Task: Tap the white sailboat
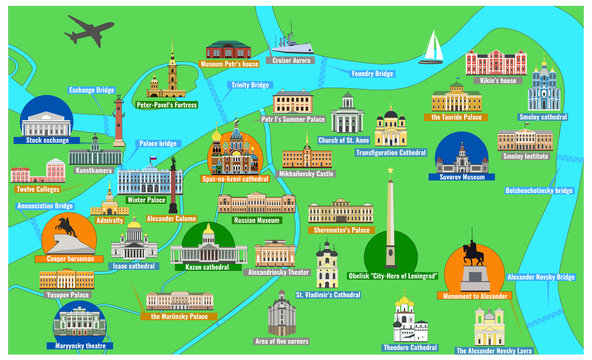pyautogui.click(x=434, y=46)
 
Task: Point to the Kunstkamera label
pyautogui.click(x=93, y=171)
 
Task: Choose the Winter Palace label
pyautogui.click(x=146, y=199)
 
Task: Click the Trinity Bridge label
pyautogui.click(x=251, y=85)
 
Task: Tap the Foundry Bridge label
pyautogui.click(x=372, y=73)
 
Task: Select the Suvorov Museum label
pyautogui.click(x=462, y=177)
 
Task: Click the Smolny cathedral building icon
pyautogui.click(x=544, y=85)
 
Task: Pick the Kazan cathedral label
pyautogui.click(x=208, y=267)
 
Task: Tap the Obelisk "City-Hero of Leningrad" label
pyautogui.click(x=391, y=274)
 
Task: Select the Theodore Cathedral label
pyautogui.click(x=410, y=347)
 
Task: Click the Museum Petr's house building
pyautogui.click(x=226, y=49)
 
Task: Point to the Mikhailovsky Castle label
pyautogui.click(x=306, y=172)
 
